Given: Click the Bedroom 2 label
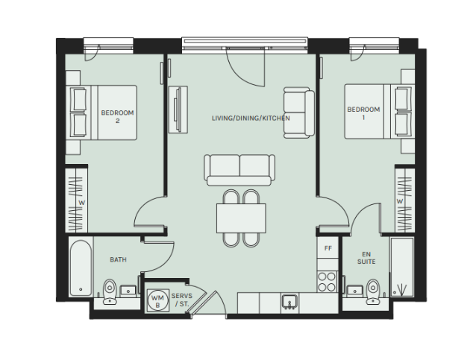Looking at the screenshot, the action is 117,116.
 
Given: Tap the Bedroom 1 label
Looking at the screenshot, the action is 363,113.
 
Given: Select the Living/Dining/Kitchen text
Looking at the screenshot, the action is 251,118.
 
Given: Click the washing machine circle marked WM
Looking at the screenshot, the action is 158,300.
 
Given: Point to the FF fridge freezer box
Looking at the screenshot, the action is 328,248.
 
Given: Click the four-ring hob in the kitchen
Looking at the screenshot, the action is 328,282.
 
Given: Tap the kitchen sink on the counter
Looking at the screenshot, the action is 289,303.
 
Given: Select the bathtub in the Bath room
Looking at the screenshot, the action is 81,268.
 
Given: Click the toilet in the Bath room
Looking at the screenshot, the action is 110,291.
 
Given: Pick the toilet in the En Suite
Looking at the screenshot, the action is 372,291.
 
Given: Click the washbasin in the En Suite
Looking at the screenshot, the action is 354,291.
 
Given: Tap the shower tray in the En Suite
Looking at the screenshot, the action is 402,267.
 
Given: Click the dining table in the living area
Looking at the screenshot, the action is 241,218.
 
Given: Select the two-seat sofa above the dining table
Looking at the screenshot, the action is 239,170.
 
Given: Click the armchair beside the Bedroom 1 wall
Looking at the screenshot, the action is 299,113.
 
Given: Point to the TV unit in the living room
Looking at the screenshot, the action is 178,110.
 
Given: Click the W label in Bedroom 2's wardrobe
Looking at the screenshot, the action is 81,203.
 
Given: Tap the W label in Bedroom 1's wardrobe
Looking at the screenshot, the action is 400,201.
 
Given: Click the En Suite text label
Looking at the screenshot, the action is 366,258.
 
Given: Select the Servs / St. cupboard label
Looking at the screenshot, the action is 181,300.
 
